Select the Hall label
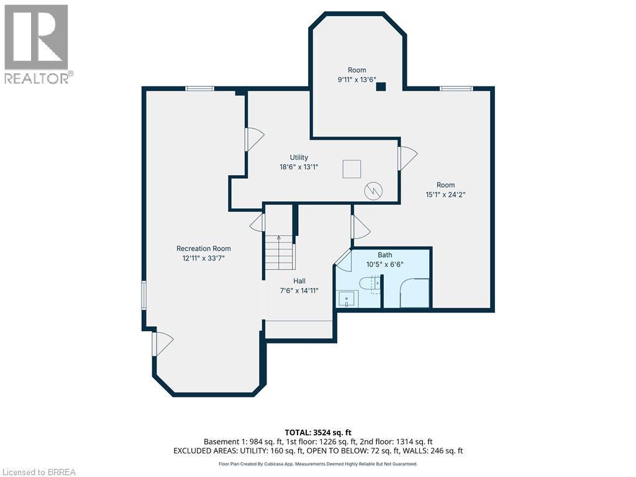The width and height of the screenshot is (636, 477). tap(299, 281)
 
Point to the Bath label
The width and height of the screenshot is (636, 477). tap(385, 255)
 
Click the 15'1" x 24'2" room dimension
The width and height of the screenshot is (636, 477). tap(445, 194)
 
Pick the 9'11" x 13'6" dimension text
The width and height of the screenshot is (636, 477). tap(357, 79)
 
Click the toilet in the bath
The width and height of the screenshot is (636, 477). tap(369, 284)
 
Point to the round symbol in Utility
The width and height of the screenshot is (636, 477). tap(373, 190)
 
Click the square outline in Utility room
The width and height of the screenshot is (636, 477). tap(352, 169)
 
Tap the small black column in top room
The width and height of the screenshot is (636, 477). tap(381, 87)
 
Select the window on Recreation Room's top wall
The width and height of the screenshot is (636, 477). tap(200, 89)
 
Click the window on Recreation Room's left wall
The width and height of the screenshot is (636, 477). tap(143, 295)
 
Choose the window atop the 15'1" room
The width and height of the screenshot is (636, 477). tap(456, 89)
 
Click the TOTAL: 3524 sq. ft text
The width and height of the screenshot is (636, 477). tap(317, 433)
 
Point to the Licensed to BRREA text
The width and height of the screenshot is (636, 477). tap(39, 472)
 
